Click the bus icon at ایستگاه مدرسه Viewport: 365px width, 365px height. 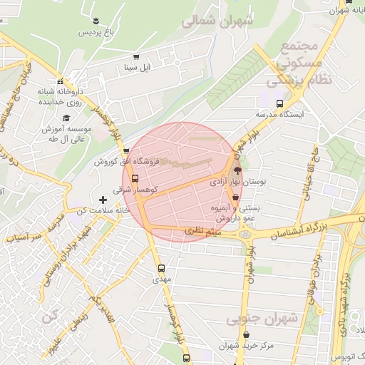[x=279, y=103]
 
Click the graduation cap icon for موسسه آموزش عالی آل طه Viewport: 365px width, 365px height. [x=66, y=118]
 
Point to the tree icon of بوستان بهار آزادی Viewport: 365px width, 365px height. [x=237, y=170]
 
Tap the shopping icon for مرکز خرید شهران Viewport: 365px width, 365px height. [x=247, y=334]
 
